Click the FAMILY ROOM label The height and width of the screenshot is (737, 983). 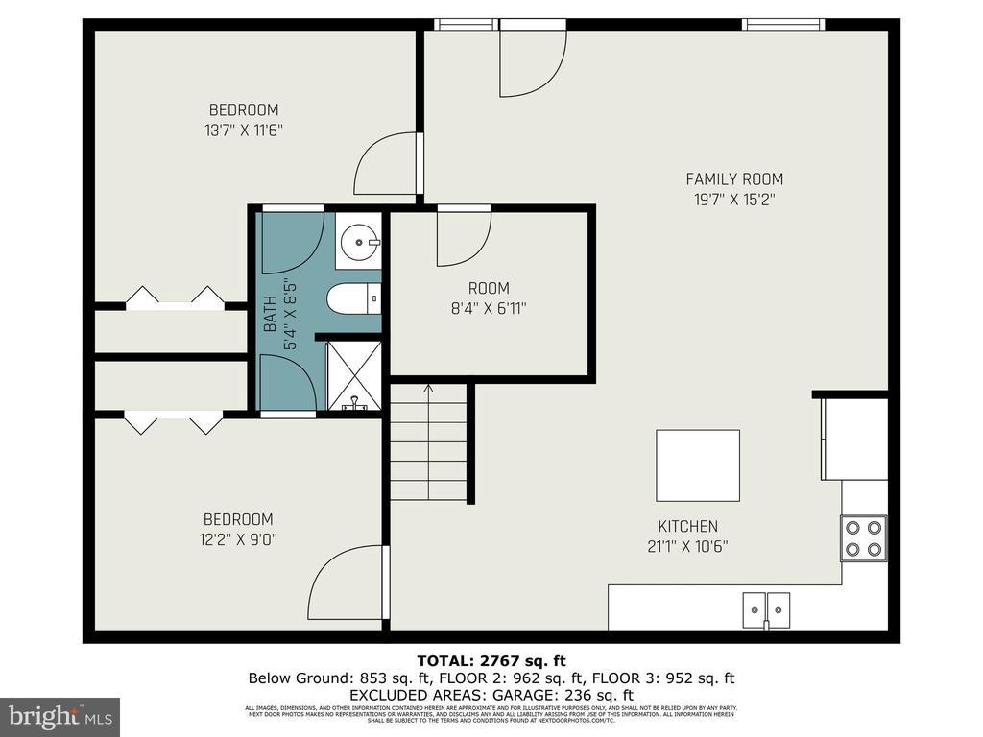[x=733, y=179]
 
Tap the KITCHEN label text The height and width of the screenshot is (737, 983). [x=687, y=527]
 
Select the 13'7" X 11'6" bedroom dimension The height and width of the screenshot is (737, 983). [x=244, y=130]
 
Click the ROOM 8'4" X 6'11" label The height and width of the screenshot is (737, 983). [x=489, y=297]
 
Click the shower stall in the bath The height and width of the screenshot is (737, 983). [x=354, y=376]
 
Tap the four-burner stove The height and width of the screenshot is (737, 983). [x=863, y=538]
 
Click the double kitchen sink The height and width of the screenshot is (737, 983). [x=766, y=608]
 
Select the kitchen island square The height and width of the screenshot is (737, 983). [x=698, y=465]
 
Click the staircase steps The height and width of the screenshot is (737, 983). [x=428, y=451]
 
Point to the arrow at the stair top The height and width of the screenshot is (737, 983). [x=428, y=390]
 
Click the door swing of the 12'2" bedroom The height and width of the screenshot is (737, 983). [x=346, y=582]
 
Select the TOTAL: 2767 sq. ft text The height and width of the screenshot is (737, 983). [x=491, y=660]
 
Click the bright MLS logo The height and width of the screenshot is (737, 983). [x=60, y=717]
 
